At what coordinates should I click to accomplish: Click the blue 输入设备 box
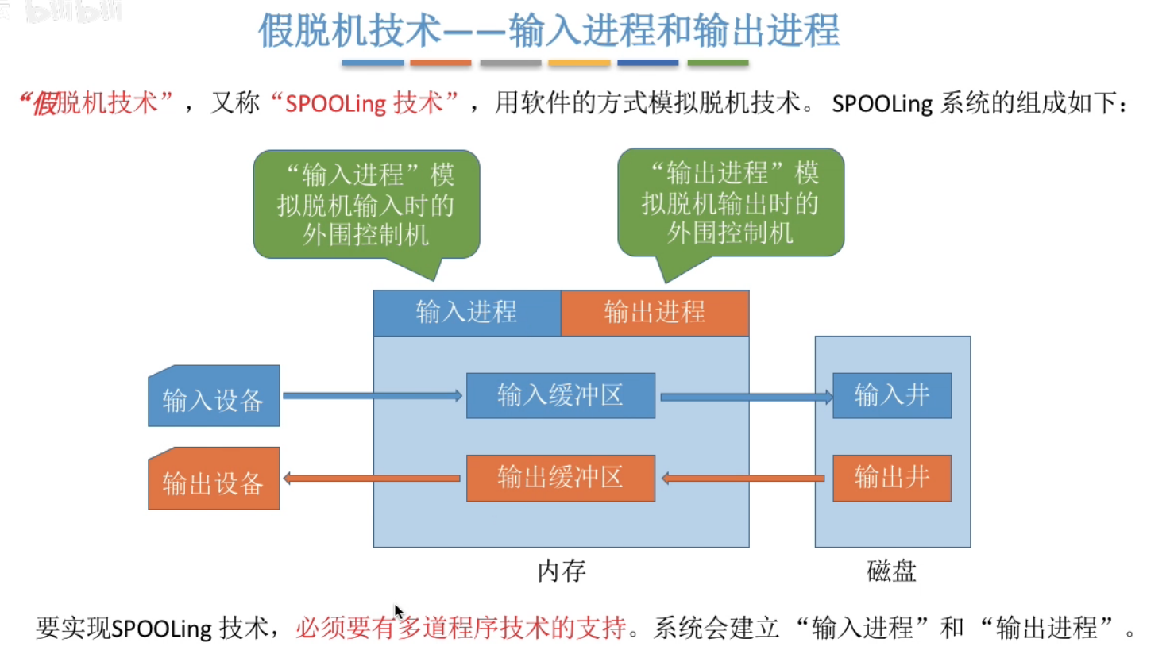214,396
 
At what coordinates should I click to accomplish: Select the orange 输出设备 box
214,479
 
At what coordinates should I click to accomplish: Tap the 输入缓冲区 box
560,395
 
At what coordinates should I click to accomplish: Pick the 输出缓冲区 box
560,478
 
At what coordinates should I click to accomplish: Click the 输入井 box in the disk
891,395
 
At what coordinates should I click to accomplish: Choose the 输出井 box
891,478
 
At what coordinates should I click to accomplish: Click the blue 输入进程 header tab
467,313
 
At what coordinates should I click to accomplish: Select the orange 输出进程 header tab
655,313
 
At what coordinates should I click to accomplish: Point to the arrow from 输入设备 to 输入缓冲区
372,395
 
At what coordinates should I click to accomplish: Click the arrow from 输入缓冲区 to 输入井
745,396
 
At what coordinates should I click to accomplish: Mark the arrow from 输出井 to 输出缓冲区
743,479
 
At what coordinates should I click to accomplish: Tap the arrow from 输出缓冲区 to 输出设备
372,479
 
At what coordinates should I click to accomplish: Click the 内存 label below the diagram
562,571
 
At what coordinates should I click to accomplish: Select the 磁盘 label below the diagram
891,571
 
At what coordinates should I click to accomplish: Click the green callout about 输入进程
366,204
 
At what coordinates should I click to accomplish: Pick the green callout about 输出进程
731,202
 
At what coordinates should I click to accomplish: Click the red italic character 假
44,103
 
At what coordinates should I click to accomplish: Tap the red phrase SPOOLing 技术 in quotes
365,103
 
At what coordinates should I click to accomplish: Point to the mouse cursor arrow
398,611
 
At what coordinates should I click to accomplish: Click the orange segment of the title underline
441,63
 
